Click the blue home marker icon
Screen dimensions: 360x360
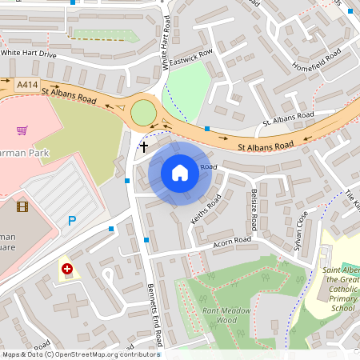click(180, 173)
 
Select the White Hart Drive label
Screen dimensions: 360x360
click(29, 53)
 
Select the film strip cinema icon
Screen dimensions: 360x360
click(22, 207)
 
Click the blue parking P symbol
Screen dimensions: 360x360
click(72, 221)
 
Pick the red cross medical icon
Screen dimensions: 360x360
click(67, 270)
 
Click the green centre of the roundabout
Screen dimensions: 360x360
click(144, 111)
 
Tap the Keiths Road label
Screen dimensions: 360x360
click(205, 210)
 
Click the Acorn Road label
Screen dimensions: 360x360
click(232, 240)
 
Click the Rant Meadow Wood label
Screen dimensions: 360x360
click(226, 315)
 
